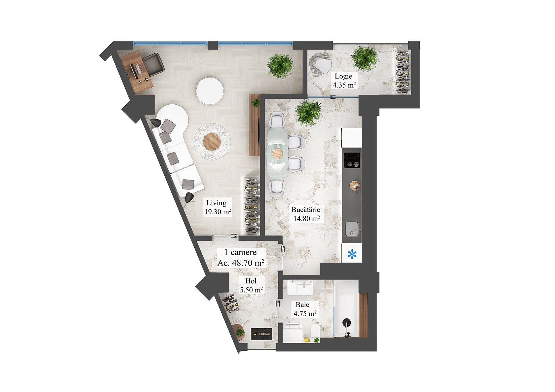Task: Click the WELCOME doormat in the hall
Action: coord(262,334)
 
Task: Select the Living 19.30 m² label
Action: coord(217,207)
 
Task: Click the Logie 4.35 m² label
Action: coord(344,80)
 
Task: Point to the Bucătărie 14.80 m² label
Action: coord(306,214)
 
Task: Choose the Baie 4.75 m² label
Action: coord(305,309)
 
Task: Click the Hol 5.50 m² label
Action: coord(251,286)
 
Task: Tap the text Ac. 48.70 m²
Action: coord(241,263)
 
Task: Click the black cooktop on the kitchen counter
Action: coord(352,160)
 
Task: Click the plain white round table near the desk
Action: coord(210,90)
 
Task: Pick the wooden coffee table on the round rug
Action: coord(212,141)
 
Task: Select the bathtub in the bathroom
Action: coord(346,308)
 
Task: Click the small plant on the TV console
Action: coord(256,103)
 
